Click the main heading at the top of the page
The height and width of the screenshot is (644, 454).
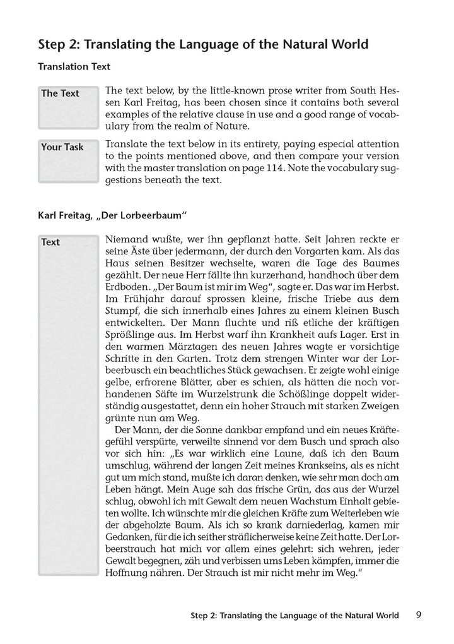coord(203,44)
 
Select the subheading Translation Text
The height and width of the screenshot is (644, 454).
coord(74,66)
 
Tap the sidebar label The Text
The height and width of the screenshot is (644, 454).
coord(61,93)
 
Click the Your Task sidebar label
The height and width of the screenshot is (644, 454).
coord(62,147)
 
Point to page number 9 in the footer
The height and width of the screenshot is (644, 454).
coord(419,614)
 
